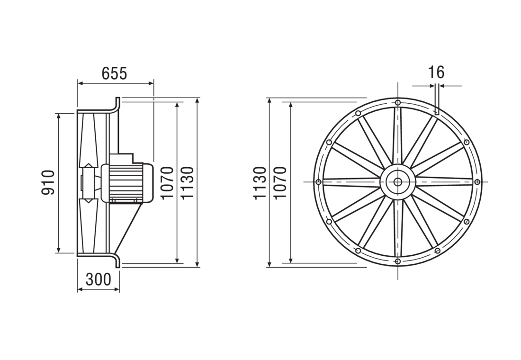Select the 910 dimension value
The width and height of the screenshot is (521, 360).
[x=48, y=182]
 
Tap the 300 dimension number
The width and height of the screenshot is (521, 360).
[x=99, y=279]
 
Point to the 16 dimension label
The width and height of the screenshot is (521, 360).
[x=436, y=72]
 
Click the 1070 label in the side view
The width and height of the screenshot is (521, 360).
[x=167, y=182]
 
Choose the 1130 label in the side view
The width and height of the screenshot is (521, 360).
[x=187, y=182]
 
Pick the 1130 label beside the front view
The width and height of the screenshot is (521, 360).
[x=260, y=182]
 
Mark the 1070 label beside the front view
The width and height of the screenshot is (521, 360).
[x=280, y=182]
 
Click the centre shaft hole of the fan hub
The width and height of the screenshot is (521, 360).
[x=397, y=182]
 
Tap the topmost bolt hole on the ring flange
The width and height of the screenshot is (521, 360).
[x=398, y=102]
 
